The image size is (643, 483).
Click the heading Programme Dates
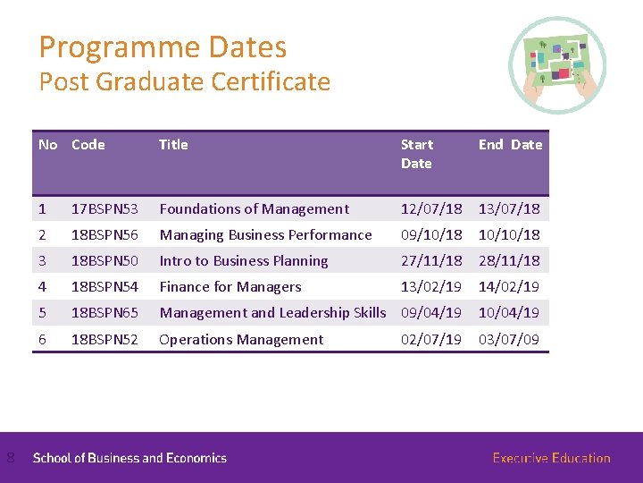[x=163, y=47]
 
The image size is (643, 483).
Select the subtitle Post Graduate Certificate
[x=184, y=82]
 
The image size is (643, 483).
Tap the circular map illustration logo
[x=557, y=64]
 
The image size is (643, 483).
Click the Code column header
[x=88, y=144]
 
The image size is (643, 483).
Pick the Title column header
[x=173, y=144]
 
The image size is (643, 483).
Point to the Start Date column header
[x=417, y=154]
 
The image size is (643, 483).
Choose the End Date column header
[x=510, y=144]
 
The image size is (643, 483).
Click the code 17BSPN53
[x=104, y=209]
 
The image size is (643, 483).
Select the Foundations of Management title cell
[x=254, y=209]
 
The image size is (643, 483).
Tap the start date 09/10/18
[x=431, y=235]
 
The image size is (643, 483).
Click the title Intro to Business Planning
[x=244, y=261]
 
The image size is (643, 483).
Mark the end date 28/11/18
[x=509, y=261]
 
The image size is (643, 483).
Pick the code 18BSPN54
[x=104, y=287]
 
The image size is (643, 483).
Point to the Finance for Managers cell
[x=230, y=287]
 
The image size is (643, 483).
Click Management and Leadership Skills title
[x=272, y=313]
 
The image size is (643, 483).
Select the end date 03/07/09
[x=509, y=340]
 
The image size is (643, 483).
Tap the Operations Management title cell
[x=241, y=340]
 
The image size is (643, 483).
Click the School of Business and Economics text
[x=129, y=458]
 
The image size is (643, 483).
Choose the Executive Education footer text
[x=551, y=458]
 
